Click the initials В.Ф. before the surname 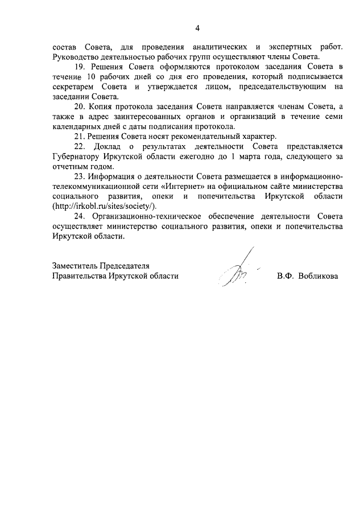tap(286, 276)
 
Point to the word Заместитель tap(75, 266)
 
